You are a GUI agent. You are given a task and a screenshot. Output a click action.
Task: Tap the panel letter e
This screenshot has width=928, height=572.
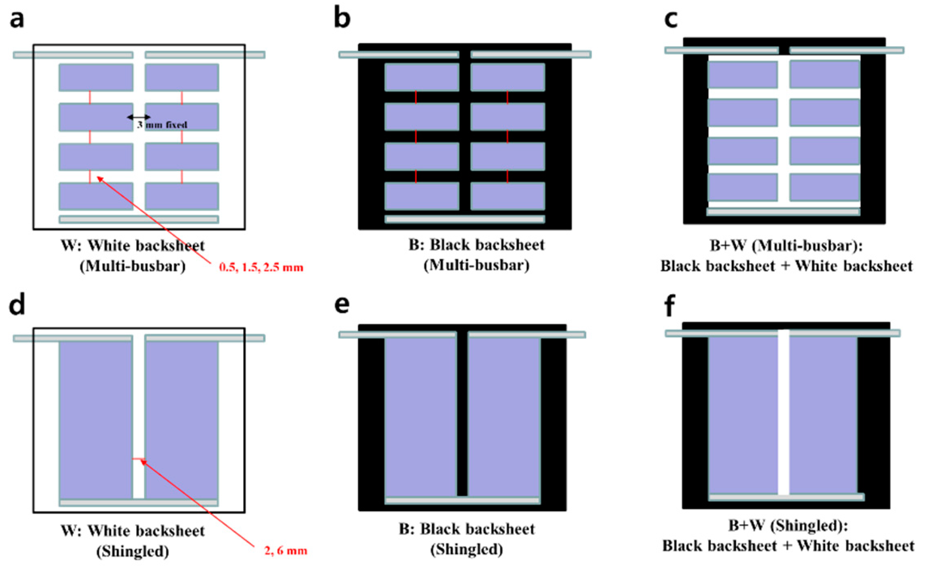(342, 305)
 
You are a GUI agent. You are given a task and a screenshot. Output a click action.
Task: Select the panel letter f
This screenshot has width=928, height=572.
(670, 306)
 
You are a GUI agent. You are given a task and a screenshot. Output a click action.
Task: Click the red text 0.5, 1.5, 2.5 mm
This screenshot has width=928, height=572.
(261, 267)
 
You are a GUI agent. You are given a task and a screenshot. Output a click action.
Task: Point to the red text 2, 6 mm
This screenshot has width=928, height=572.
(282, 551)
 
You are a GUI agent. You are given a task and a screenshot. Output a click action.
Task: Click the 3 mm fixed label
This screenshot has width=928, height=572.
(162, 125)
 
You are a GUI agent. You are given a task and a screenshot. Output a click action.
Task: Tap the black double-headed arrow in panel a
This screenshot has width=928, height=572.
(139, 117)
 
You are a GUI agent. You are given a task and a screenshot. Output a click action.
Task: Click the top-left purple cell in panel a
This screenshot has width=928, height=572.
(96, 77)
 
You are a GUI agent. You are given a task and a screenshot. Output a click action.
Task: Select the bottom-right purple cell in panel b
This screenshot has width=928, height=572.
(507, 196)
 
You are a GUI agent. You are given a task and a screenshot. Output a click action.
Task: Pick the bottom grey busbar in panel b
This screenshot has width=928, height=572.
(464, 219)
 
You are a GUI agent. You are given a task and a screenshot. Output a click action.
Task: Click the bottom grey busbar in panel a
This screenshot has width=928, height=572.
(139, 219)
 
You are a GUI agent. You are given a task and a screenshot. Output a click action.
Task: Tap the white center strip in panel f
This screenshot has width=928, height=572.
(783, 413)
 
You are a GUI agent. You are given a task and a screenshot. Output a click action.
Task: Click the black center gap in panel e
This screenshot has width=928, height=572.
(462, 413)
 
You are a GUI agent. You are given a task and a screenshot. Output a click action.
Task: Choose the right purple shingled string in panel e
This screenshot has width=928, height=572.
(504, 415)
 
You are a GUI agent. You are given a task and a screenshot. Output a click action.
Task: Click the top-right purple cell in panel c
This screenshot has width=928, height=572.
(825, 74)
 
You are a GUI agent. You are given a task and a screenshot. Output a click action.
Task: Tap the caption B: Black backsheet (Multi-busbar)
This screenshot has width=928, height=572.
(477, 255)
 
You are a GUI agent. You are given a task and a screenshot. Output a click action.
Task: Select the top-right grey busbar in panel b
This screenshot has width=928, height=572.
(530, 54)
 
